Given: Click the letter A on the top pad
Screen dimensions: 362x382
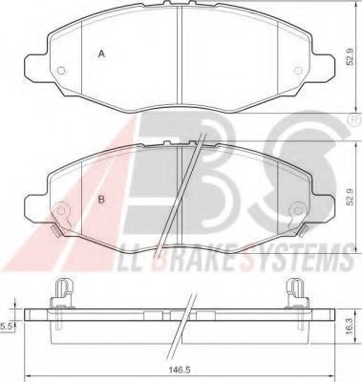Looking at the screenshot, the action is [x=101, y=53].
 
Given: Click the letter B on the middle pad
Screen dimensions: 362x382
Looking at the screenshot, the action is [x=101, y=200].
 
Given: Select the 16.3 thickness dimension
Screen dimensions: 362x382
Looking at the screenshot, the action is [x=350, y=327].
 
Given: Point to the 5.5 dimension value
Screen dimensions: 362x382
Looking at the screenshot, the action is [x=6, y=326].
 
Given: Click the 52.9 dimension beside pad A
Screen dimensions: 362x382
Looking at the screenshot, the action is [x=351, y=56].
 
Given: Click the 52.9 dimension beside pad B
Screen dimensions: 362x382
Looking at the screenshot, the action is [x=351, y=197].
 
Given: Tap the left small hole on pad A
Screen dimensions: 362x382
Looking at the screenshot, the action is [x=61, y=71].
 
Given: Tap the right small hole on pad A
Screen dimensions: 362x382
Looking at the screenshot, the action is [x=298, y=71].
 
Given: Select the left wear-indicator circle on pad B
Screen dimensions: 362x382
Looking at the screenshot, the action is [x=61, y=210].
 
